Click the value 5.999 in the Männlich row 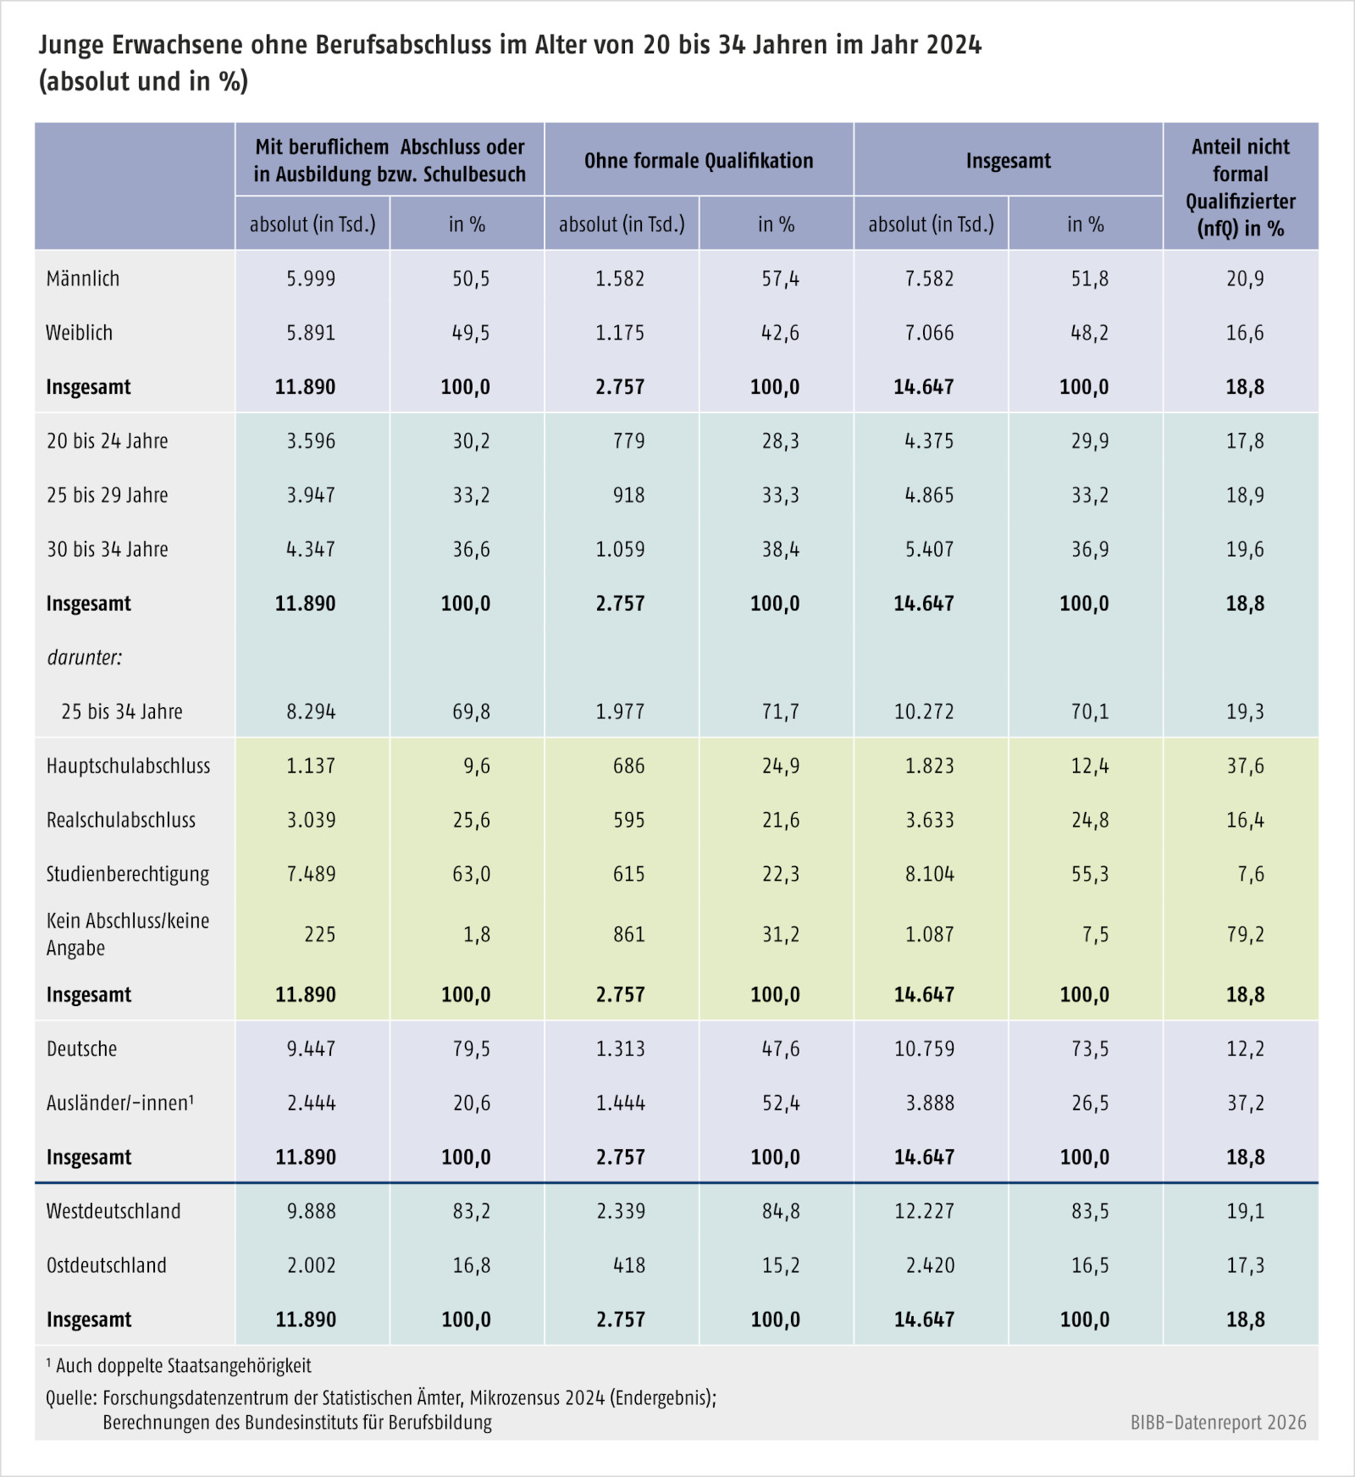[x=311, y=279]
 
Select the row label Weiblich [x=79, y=333]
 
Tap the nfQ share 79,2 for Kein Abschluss [x=1245, y=934]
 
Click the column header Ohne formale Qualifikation [x=699, y=161]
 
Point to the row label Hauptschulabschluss [x=129, y=766]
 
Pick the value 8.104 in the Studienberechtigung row [x=929, y=874]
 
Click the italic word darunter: [x=85, y=657]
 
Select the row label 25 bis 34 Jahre [x=122, y=711]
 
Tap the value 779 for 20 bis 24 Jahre [x=629, y=441]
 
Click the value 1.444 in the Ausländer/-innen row [x=620, y=1103]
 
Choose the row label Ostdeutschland [x=107, y=1265]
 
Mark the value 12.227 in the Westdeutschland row [x=924, y=1211]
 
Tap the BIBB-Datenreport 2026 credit [x=1219, y=1423]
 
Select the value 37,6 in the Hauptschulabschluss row [x=1245, y=766]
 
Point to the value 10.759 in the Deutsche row [x=924, y=1048]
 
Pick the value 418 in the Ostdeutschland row [x=629, y=1265]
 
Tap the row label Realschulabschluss [x=121, y=820]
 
